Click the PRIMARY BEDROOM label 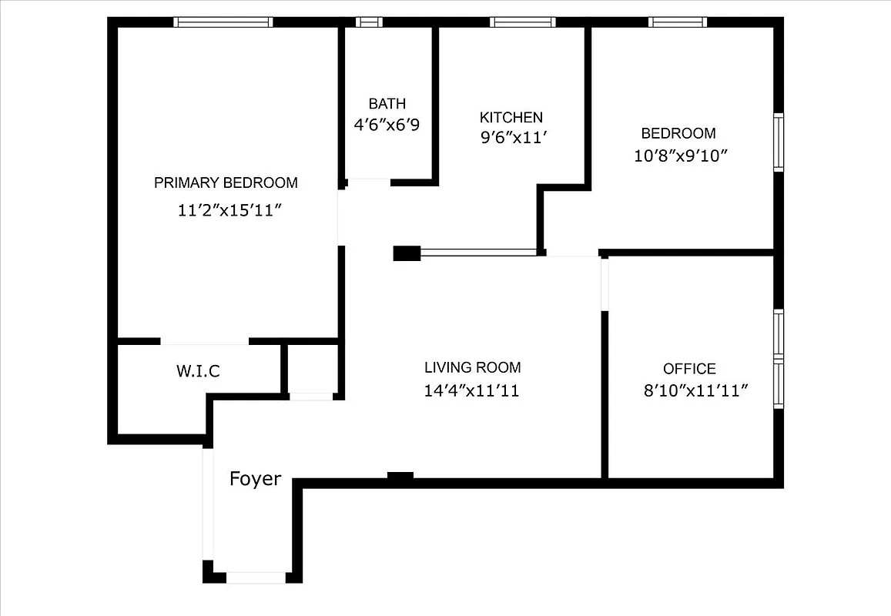[226, 182]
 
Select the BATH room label [387, 103]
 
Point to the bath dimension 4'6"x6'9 [387, 125]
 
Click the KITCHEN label [511, 117]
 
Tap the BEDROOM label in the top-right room [678, 133]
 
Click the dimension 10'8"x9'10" [681, 156]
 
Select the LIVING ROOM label [472, 367]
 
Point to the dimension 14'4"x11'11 [471, 390]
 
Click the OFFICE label [689, 369]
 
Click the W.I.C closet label [198, 371]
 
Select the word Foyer [255, 479]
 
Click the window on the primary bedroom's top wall [223, 22]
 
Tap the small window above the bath [369, 22]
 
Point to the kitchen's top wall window [523, 22]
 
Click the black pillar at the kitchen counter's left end [407, 253]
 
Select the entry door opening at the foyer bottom [256, 577]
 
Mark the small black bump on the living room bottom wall [400, 477]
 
